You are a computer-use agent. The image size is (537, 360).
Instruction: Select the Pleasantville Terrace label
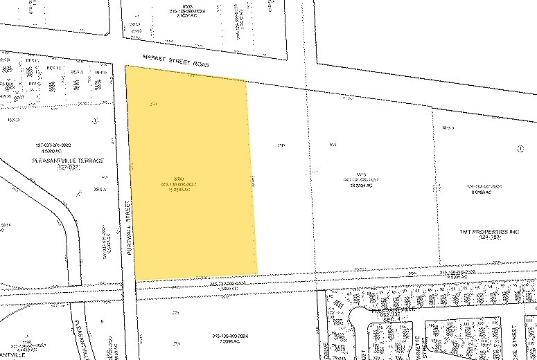67,160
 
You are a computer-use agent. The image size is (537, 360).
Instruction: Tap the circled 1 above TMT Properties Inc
520,149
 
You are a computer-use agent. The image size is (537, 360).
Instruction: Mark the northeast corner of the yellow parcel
246,81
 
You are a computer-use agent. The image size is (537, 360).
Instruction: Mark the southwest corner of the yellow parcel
135,280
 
